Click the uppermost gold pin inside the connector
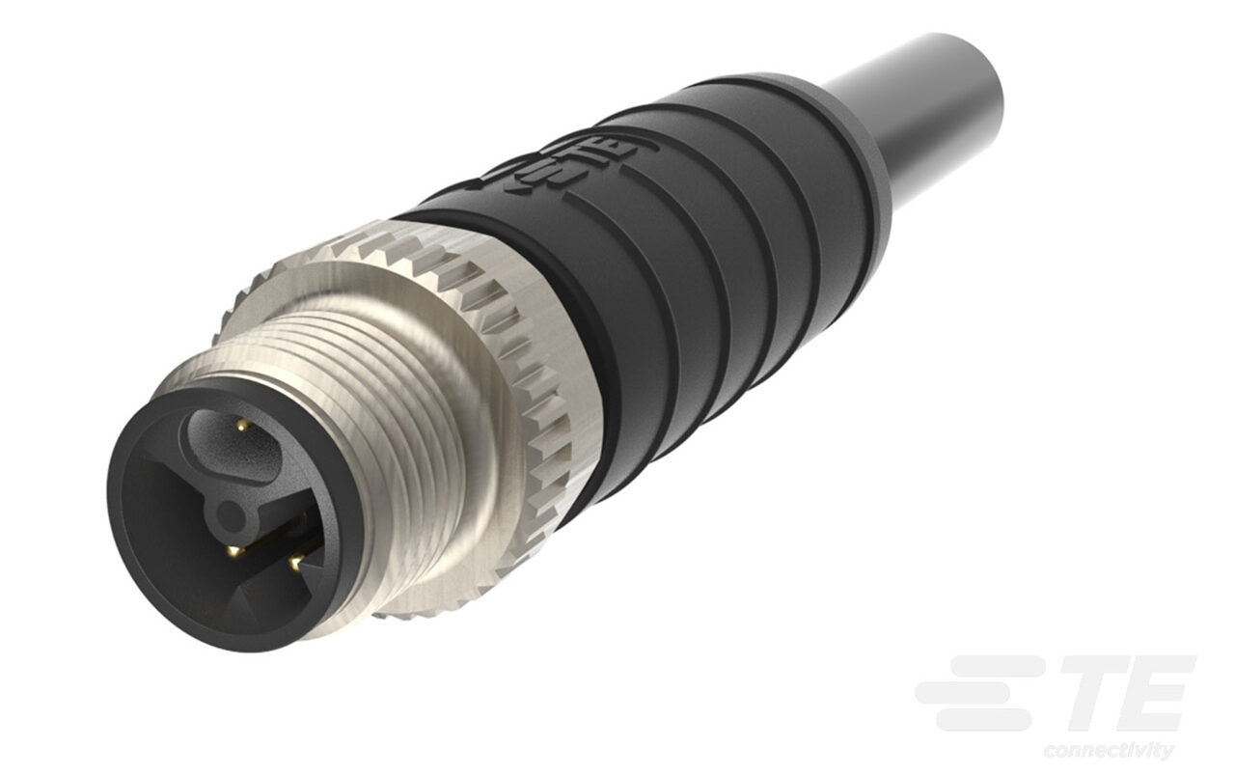point(237,426)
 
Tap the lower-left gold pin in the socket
point(233,552)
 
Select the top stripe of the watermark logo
point(994,665)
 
